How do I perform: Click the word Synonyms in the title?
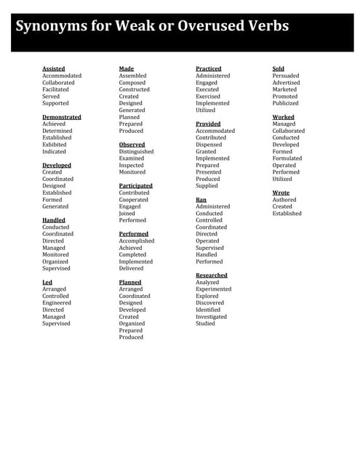(x=50, y=26)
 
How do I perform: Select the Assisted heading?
(x=53, y=69)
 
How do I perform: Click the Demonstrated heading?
(x=62, y=117)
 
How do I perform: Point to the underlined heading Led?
(x=47, y=282)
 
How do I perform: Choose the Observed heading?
(x=132, y=145)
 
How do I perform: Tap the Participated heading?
(x=136, y=186)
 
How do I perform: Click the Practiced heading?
(x=209, y=69)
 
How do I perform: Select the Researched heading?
(x=212, y=275)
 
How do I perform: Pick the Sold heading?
(x=279, y=69)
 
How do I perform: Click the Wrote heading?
(x=281, y=193)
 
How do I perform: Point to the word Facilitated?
(x=55, y=89)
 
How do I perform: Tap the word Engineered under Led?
(x=57, y=303)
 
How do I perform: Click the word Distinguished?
(x=137, y=152)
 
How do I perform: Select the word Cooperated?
(x=134, y=200)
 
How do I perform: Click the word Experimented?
(x=214, y=289)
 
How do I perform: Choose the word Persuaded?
(x=286, y=76)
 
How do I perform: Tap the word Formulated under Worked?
(x=287, y=158)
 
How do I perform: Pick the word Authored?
(x=284, y=200)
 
